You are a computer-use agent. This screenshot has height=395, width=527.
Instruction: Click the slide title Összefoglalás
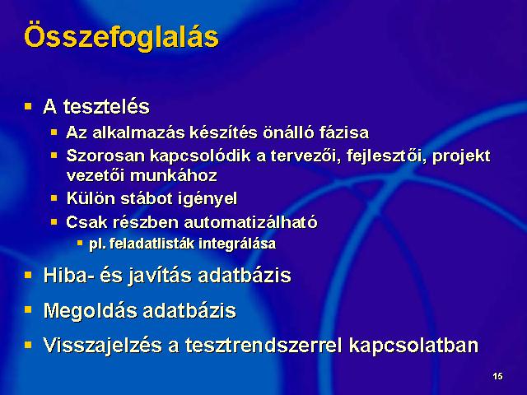point(121,37)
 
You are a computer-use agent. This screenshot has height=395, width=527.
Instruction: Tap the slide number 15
point(497,376)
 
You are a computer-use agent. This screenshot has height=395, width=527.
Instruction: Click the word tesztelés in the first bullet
point(106,107)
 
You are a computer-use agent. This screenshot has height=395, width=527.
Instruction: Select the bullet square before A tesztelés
point(28,107)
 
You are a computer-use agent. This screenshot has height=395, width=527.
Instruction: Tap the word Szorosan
point(105,156)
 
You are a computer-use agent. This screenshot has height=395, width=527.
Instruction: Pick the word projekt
point(461,156)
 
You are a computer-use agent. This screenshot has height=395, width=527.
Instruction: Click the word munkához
point(174,175)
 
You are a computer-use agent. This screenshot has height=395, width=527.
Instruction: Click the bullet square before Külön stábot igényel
point(54,197)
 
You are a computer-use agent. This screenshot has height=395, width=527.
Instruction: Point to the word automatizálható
point(250,222)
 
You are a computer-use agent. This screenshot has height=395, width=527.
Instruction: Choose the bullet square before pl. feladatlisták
point(80,243)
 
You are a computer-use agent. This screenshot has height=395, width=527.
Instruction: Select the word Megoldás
point(91,310)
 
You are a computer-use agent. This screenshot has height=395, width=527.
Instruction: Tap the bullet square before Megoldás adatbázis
point(28,309)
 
